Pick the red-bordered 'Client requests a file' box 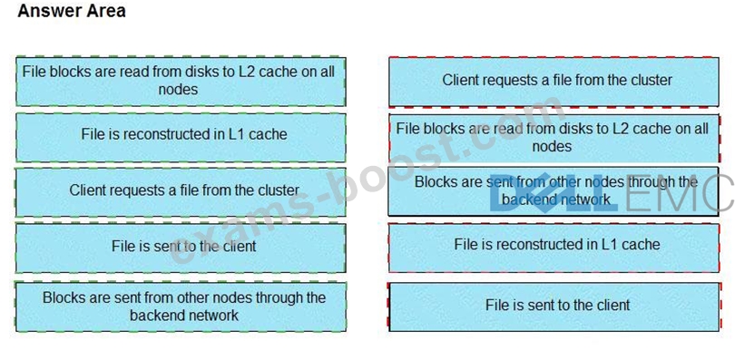(x=554, y=82)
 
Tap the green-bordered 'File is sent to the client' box (x=181, y=248)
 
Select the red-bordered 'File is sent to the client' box (x=554, y=306)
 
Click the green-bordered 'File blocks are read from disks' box (x=181, y=82)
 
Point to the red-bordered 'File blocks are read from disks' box (x=554, y=138)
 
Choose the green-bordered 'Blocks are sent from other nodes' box (x=181, y=306)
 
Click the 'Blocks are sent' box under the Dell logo (x=554, y=191)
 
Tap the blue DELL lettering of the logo (x=554, y=195)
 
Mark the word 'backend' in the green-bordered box (x=157, y=315)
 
